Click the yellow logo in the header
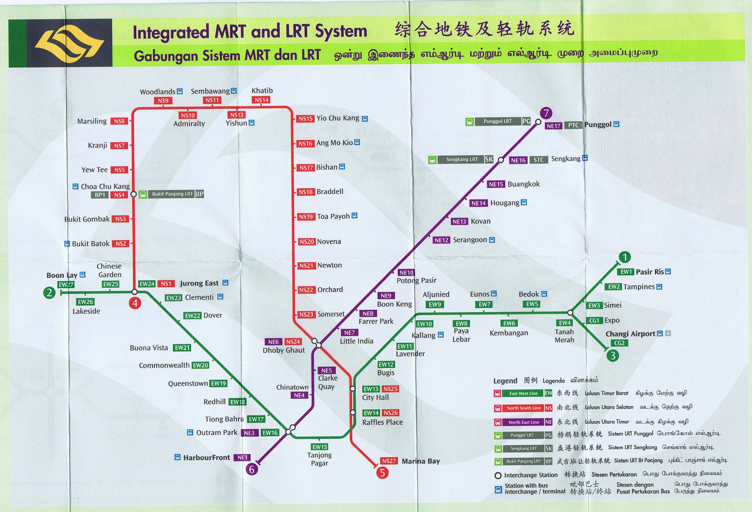click(69, 43)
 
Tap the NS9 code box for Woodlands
click(163, 101)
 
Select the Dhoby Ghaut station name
click(284, 350)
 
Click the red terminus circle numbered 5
click(382, 473)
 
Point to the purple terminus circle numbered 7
click(546, 113)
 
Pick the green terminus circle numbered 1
click(624, 257)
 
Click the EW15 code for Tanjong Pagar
click(320, 447)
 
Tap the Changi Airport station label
click(630, 334)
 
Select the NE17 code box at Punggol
click(553, 126)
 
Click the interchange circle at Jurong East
click(135, 292)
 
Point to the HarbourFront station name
click(206, 458)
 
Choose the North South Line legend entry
click(524, 408)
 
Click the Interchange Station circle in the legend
click(498, 475)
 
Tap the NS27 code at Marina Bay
click(389, 461)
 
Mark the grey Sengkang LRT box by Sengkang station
click(462, 159)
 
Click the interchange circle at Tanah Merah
click(570, 313)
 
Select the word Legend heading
click(505, 381)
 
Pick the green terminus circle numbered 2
click(49, 293)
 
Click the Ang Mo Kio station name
click(334, 143)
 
